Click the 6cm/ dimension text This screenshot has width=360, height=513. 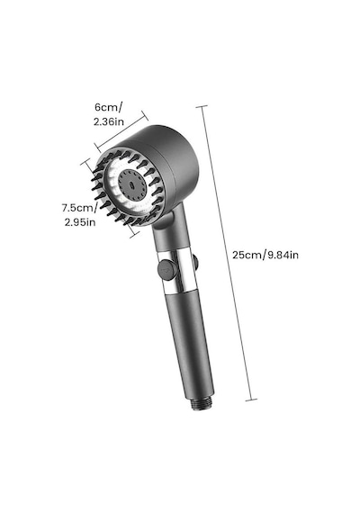point(109,107)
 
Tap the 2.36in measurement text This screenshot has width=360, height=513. point(109,121)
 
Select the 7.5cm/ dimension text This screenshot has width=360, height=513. point(79,208)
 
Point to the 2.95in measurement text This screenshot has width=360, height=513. point(80,222)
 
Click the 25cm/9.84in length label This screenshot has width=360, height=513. point(265,255)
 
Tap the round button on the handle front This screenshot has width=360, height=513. point(167,269)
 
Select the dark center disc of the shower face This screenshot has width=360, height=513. point(132,184)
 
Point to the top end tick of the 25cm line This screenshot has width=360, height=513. point(202,106)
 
